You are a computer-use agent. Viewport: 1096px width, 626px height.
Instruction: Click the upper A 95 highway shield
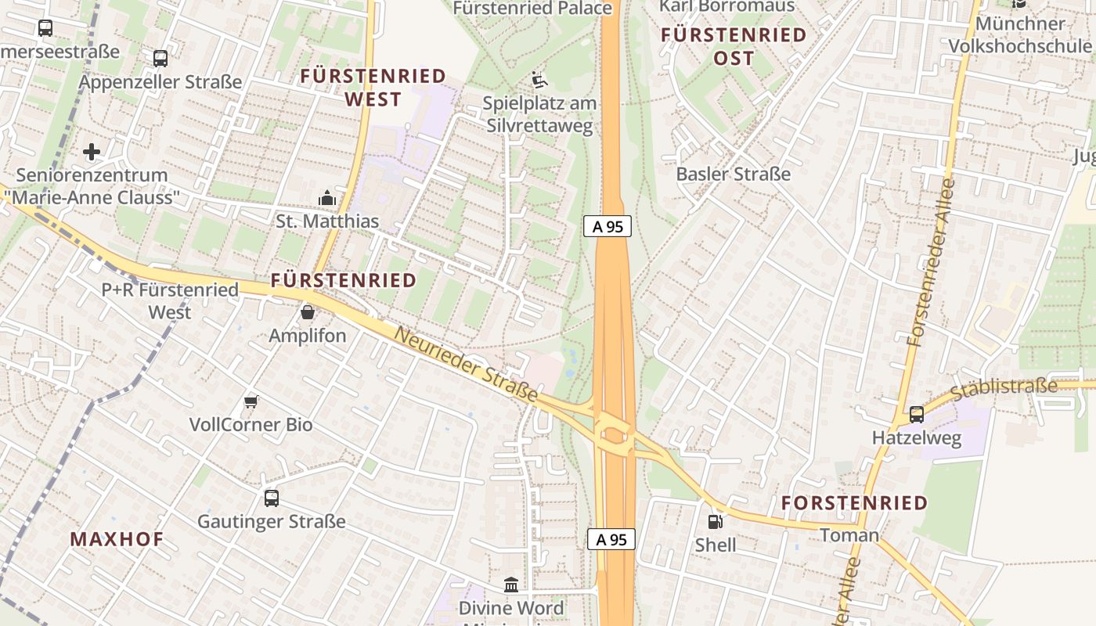coord(607,227)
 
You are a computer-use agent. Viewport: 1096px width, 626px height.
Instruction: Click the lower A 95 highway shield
coord(611,539)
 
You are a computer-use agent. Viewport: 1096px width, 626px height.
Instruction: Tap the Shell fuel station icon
coord(715,521)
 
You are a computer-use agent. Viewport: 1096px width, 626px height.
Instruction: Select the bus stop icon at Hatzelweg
coord(916,415)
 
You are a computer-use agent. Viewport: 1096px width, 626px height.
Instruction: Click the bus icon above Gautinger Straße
coord(272,498)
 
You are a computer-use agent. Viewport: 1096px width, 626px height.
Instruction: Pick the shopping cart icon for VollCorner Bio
coord(251,401)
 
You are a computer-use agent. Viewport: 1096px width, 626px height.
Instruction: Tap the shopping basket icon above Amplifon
coord(308,312)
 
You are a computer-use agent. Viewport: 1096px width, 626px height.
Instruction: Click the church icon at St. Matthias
coord(327,198)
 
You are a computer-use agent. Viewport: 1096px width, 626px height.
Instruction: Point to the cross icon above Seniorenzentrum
coord(92,151)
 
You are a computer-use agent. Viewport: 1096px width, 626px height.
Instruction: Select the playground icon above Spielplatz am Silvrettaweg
coord(539,80)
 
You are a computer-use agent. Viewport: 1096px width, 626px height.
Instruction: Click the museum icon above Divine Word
coord(511,585)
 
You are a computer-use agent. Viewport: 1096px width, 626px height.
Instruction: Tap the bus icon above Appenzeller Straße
coord(160,58)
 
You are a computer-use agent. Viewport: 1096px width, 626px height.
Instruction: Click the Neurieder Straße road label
coord(467,365)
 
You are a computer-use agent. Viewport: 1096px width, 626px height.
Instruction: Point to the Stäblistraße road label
coord(1004,388)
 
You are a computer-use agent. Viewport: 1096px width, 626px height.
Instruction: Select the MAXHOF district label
coord(117,539)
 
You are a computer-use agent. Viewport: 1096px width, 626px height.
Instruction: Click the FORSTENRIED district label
coord(854,503)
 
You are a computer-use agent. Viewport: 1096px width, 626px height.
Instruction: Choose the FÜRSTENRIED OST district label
coord(734,46)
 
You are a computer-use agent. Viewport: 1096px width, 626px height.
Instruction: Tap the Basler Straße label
coord(734,174)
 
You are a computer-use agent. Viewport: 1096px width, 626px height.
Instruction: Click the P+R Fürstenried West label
coord(170,300)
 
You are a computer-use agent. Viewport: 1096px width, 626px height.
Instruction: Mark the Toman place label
coord(849,535)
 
